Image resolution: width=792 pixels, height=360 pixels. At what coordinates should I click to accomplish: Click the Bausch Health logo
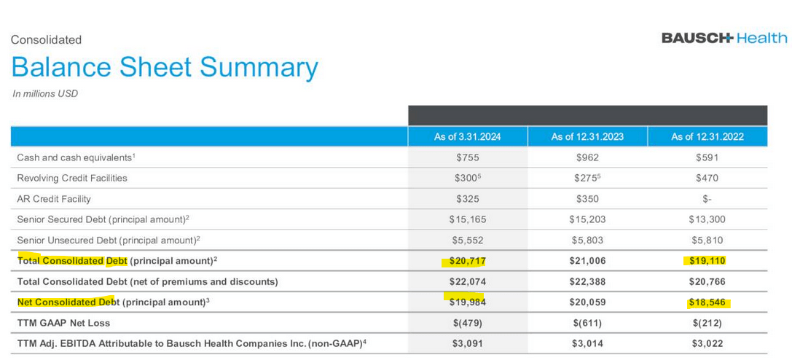coord(724,38)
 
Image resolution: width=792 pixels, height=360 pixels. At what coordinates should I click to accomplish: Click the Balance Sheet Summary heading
coord(165,68)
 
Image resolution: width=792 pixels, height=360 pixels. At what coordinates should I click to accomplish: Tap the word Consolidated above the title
coord(46,40)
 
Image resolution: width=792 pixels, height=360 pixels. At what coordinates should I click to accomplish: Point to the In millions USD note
coord(45,93)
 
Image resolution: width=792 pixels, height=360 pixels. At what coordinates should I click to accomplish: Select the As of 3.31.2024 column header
coord(467,136)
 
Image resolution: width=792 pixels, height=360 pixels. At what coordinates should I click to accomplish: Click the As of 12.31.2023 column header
coord(587,136)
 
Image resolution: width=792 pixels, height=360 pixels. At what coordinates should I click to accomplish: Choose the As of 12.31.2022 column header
coord(707,136)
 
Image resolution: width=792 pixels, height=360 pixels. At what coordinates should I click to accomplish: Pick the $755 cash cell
coord(467,157)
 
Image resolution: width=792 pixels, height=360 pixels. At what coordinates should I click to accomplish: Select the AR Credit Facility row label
coord(54,198)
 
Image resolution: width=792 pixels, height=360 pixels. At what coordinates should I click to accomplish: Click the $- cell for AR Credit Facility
coord(707,198)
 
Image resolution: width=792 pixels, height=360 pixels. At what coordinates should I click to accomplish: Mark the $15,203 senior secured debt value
coord(587,219)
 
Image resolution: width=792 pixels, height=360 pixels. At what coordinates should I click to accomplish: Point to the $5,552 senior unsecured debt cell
coord(467,240)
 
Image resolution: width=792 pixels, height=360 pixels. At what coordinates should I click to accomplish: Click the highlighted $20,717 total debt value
coord(467,261)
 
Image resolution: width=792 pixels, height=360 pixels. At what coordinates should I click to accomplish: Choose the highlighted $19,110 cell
coord(707,261)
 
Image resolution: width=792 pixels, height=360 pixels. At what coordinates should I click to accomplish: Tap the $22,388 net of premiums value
coord(587,281)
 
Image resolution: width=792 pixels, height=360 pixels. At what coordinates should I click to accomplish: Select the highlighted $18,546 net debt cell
coord(707,302)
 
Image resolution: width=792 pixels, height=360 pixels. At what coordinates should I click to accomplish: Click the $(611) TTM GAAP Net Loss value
coord(587,323)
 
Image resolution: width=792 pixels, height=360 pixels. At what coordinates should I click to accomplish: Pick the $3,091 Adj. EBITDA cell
coord(467,343)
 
